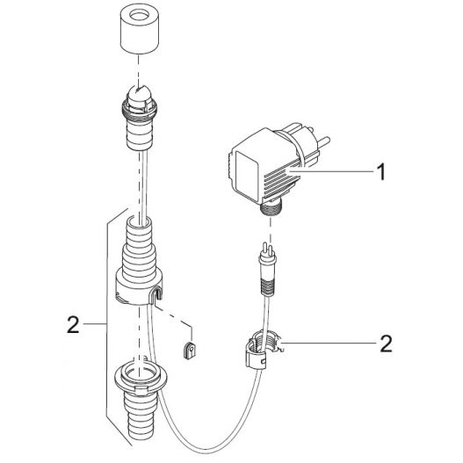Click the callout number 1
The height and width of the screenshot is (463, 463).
point(381,173)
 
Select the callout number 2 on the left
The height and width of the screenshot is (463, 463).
point(73,327)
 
